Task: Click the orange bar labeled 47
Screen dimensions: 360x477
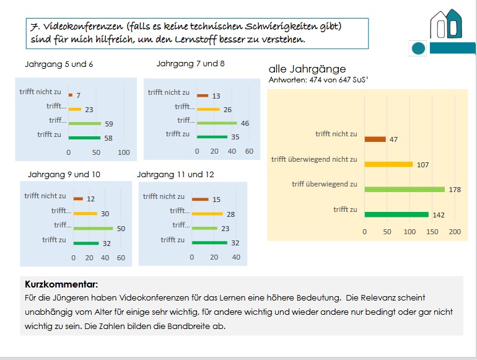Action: point(375,139)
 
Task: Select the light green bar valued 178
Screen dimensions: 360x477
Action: point(405,189)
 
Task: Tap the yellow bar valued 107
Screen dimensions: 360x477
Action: point(388,164)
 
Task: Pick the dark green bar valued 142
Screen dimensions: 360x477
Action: point(396,214)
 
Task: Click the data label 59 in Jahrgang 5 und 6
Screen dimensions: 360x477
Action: point(108,123)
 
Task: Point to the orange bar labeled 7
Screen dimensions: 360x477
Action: point(71,95)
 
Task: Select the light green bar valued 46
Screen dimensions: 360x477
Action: point(217,123)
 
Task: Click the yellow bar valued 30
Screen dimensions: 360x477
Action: point(85,214)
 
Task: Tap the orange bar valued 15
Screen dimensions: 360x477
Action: point(200,200)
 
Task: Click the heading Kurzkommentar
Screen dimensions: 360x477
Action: point(61,284)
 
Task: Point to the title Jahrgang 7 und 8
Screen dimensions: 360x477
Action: point(190,63)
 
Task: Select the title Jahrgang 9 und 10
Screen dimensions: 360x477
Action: point(64,174)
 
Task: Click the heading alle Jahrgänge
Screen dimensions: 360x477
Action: point(307,69)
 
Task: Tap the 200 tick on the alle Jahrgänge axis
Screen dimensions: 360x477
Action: point(454,232)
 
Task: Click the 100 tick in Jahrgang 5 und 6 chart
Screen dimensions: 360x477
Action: point(124,152)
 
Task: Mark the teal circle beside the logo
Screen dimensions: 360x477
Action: point(419,48)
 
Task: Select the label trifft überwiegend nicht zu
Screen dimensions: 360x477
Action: point(314,159)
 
